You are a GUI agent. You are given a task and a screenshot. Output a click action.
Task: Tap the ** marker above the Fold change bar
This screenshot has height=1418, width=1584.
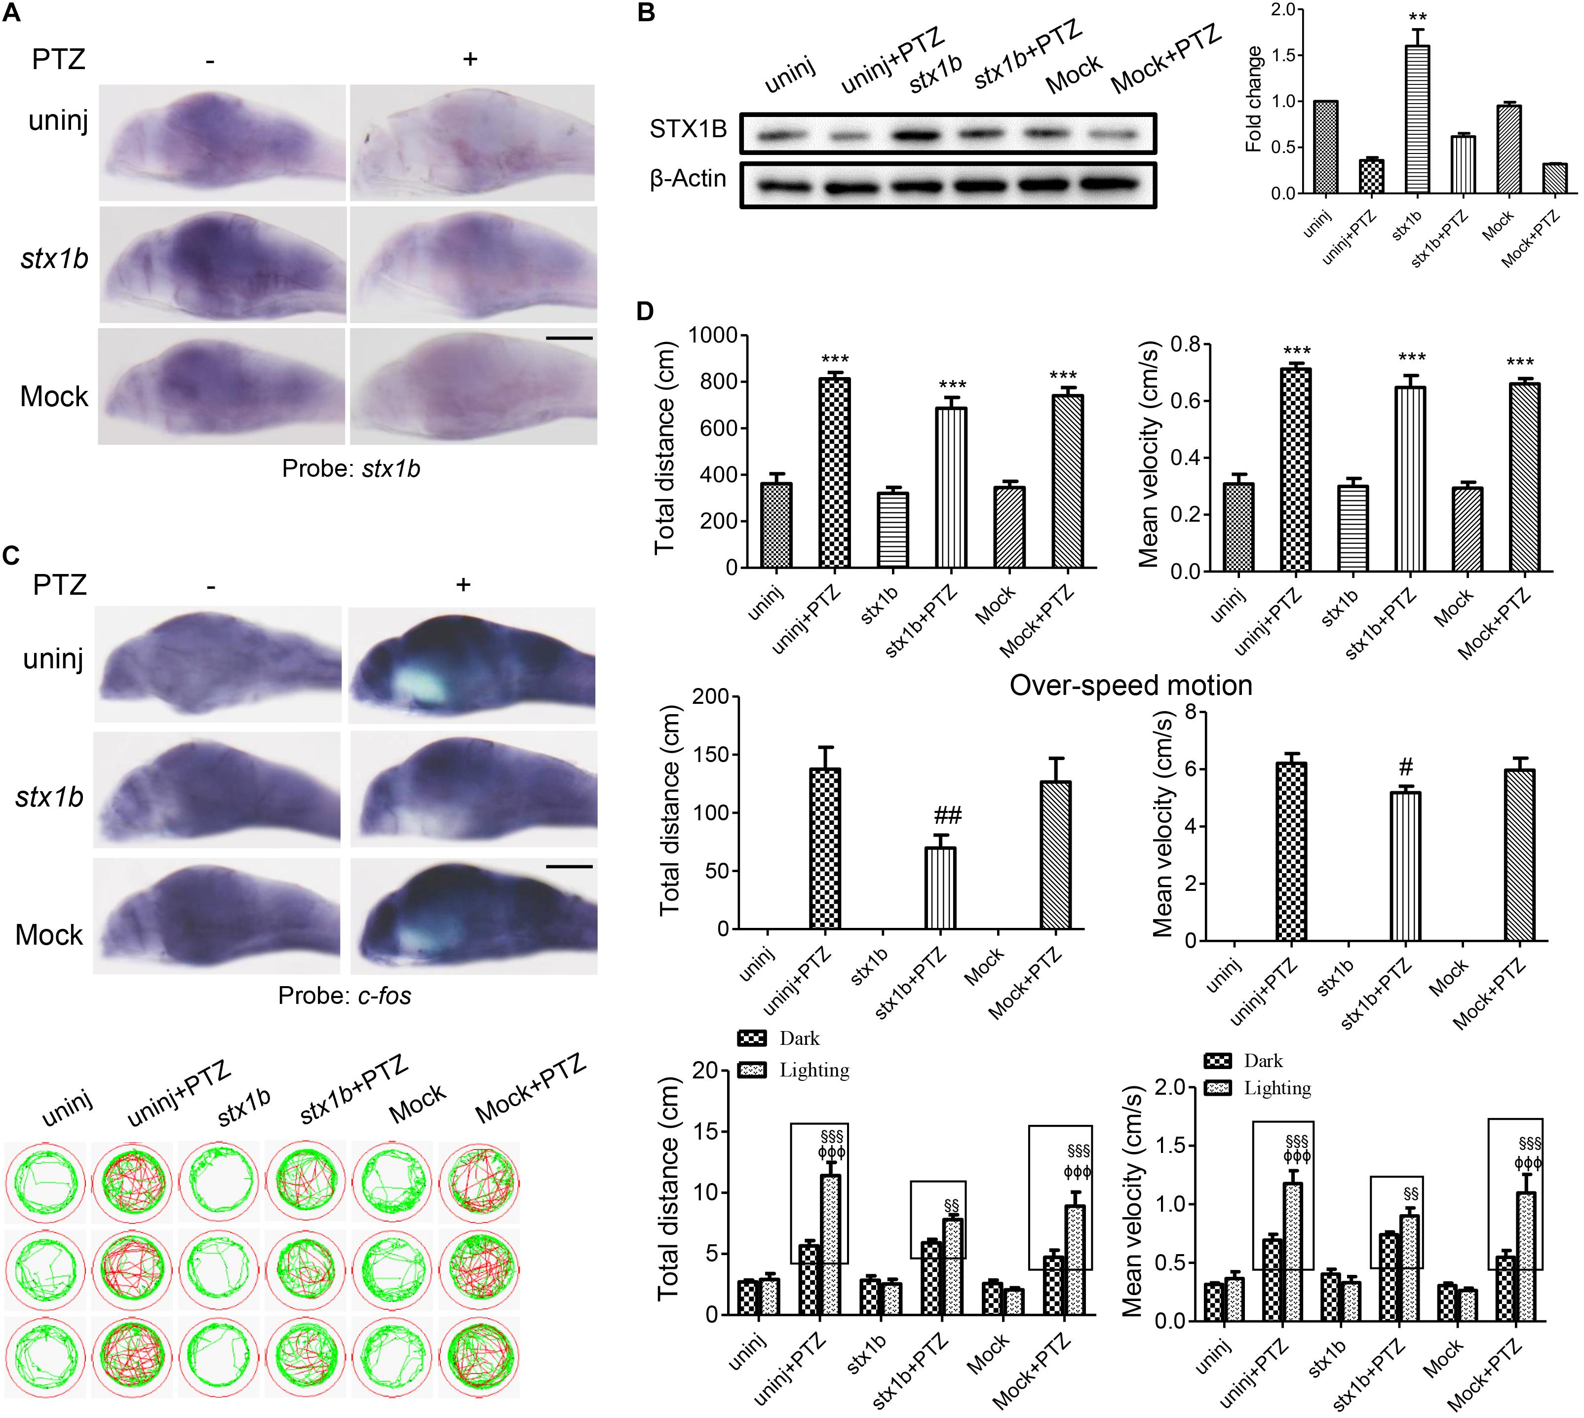[1417, 17]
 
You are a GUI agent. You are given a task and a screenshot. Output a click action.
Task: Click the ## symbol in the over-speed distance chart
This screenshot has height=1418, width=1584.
[947, 816]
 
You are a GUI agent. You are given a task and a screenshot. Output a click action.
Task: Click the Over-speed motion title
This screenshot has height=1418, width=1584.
[1130, 686]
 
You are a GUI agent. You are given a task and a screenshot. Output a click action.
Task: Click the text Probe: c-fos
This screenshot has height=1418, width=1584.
[345, 996]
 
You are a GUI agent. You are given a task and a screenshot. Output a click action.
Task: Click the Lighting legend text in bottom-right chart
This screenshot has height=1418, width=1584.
[1277, 1088]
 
